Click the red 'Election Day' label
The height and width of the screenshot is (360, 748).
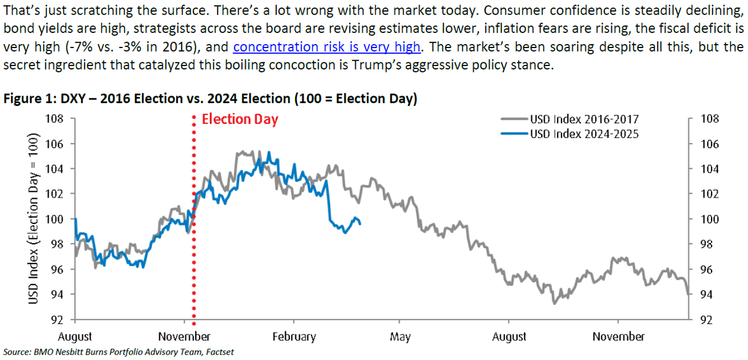[240, 120]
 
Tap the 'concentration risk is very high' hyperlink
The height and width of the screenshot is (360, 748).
[327, 47]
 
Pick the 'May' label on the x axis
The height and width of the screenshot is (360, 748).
[400, 336]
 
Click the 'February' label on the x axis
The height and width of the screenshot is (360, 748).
[294, 336]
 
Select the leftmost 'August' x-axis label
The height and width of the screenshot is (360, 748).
[75, 336]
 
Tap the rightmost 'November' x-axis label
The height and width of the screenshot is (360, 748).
[619, 336]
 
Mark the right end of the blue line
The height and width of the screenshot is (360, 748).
[361, 223]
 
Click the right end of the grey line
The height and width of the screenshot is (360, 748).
[688, 295]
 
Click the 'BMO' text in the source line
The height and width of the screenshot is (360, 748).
[40, 352]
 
